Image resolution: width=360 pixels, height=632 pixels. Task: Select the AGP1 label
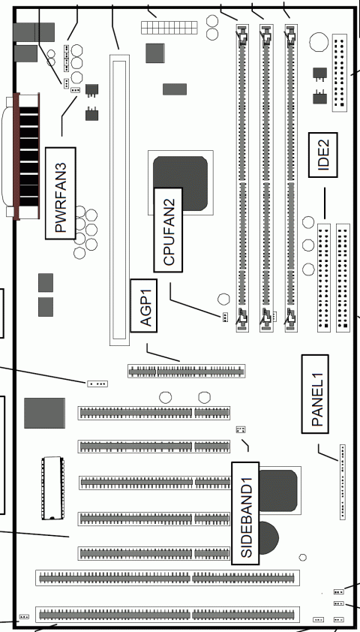145,305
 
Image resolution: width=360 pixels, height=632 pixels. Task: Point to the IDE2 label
324,154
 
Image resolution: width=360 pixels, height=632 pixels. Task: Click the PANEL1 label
317,393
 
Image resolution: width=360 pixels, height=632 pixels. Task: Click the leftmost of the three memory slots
242,180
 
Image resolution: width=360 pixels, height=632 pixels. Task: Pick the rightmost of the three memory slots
290,180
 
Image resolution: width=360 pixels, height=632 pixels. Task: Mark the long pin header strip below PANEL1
343,481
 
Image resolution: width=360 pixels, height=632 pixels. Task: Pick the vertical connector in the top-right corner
340,73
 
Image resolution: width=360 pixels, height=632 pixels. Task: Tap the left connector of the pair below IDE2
324,278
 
